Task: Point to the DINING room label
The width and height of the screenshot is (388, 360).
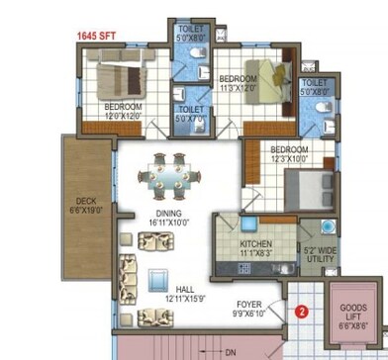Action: [x=168, y=214]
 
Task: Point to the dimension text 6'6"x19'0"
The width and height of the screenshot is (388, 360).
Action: [x=85, y=210]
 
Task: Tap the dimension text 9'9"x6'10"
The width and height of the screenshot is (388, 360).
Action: [x=248, y=315]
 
